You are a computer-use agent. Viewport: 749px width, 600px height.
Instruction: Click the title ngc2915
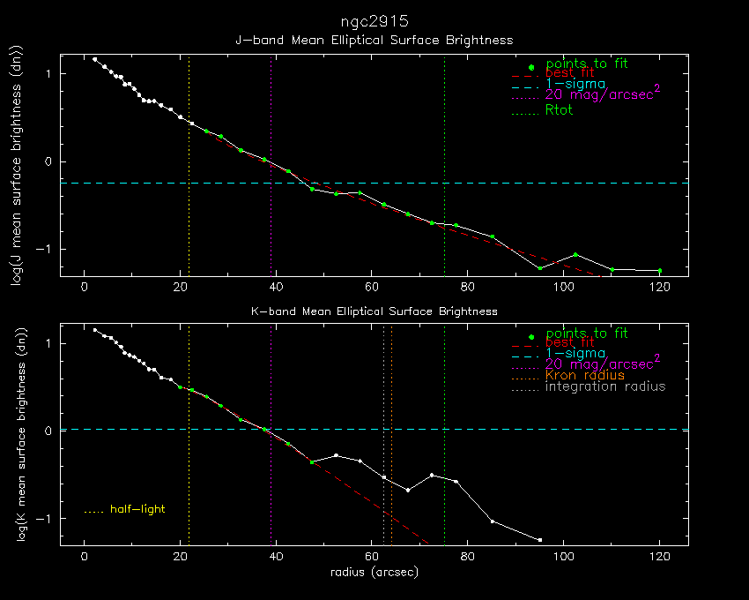tap(374, 19)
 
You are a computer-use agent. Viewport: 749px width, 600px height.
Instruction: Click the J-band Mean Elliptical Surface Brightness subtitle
tap(374, 40)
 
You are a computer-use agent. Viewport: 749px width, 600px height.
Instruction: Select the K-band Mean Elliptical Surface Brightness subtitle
tap(374, 311)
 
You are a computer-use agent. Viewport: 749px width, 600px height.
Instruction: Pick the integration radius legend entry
tap(605, 386)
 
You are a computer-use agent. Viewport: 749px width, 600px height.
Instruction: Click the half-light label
tap(137, 509)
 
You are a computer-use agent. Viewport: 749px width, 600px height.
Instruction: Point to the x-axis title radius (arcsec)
tap(374, 572)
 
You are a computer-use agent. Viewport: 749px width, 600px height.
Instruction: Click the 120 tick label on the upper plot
tap(659, 287)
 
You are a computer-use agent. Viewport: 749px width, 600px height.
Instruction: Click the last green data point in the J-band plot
tap(659, 270)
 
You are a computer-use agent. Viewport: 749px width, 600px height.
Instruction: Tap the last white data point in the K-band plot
tap(539, 539)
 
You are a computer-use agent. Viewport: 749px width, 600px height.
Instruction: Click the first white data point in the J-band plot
tap(95, 59)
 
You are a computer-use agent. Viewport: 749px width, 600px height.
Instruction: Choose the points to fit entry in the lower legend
tap(587, 334)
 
